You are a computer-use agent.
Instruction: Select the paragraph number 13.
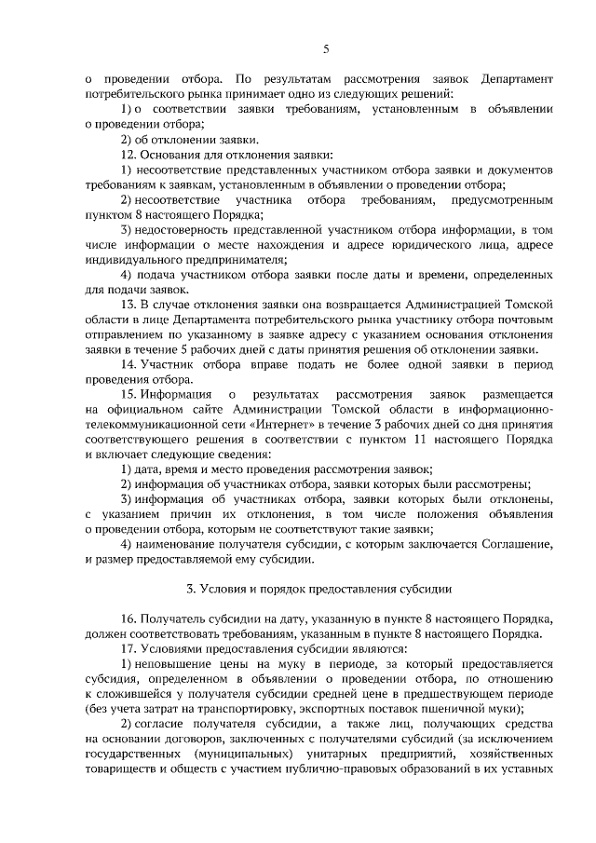point(130,304)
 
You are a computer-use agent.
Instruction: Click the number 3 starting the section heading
point(189,589)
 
